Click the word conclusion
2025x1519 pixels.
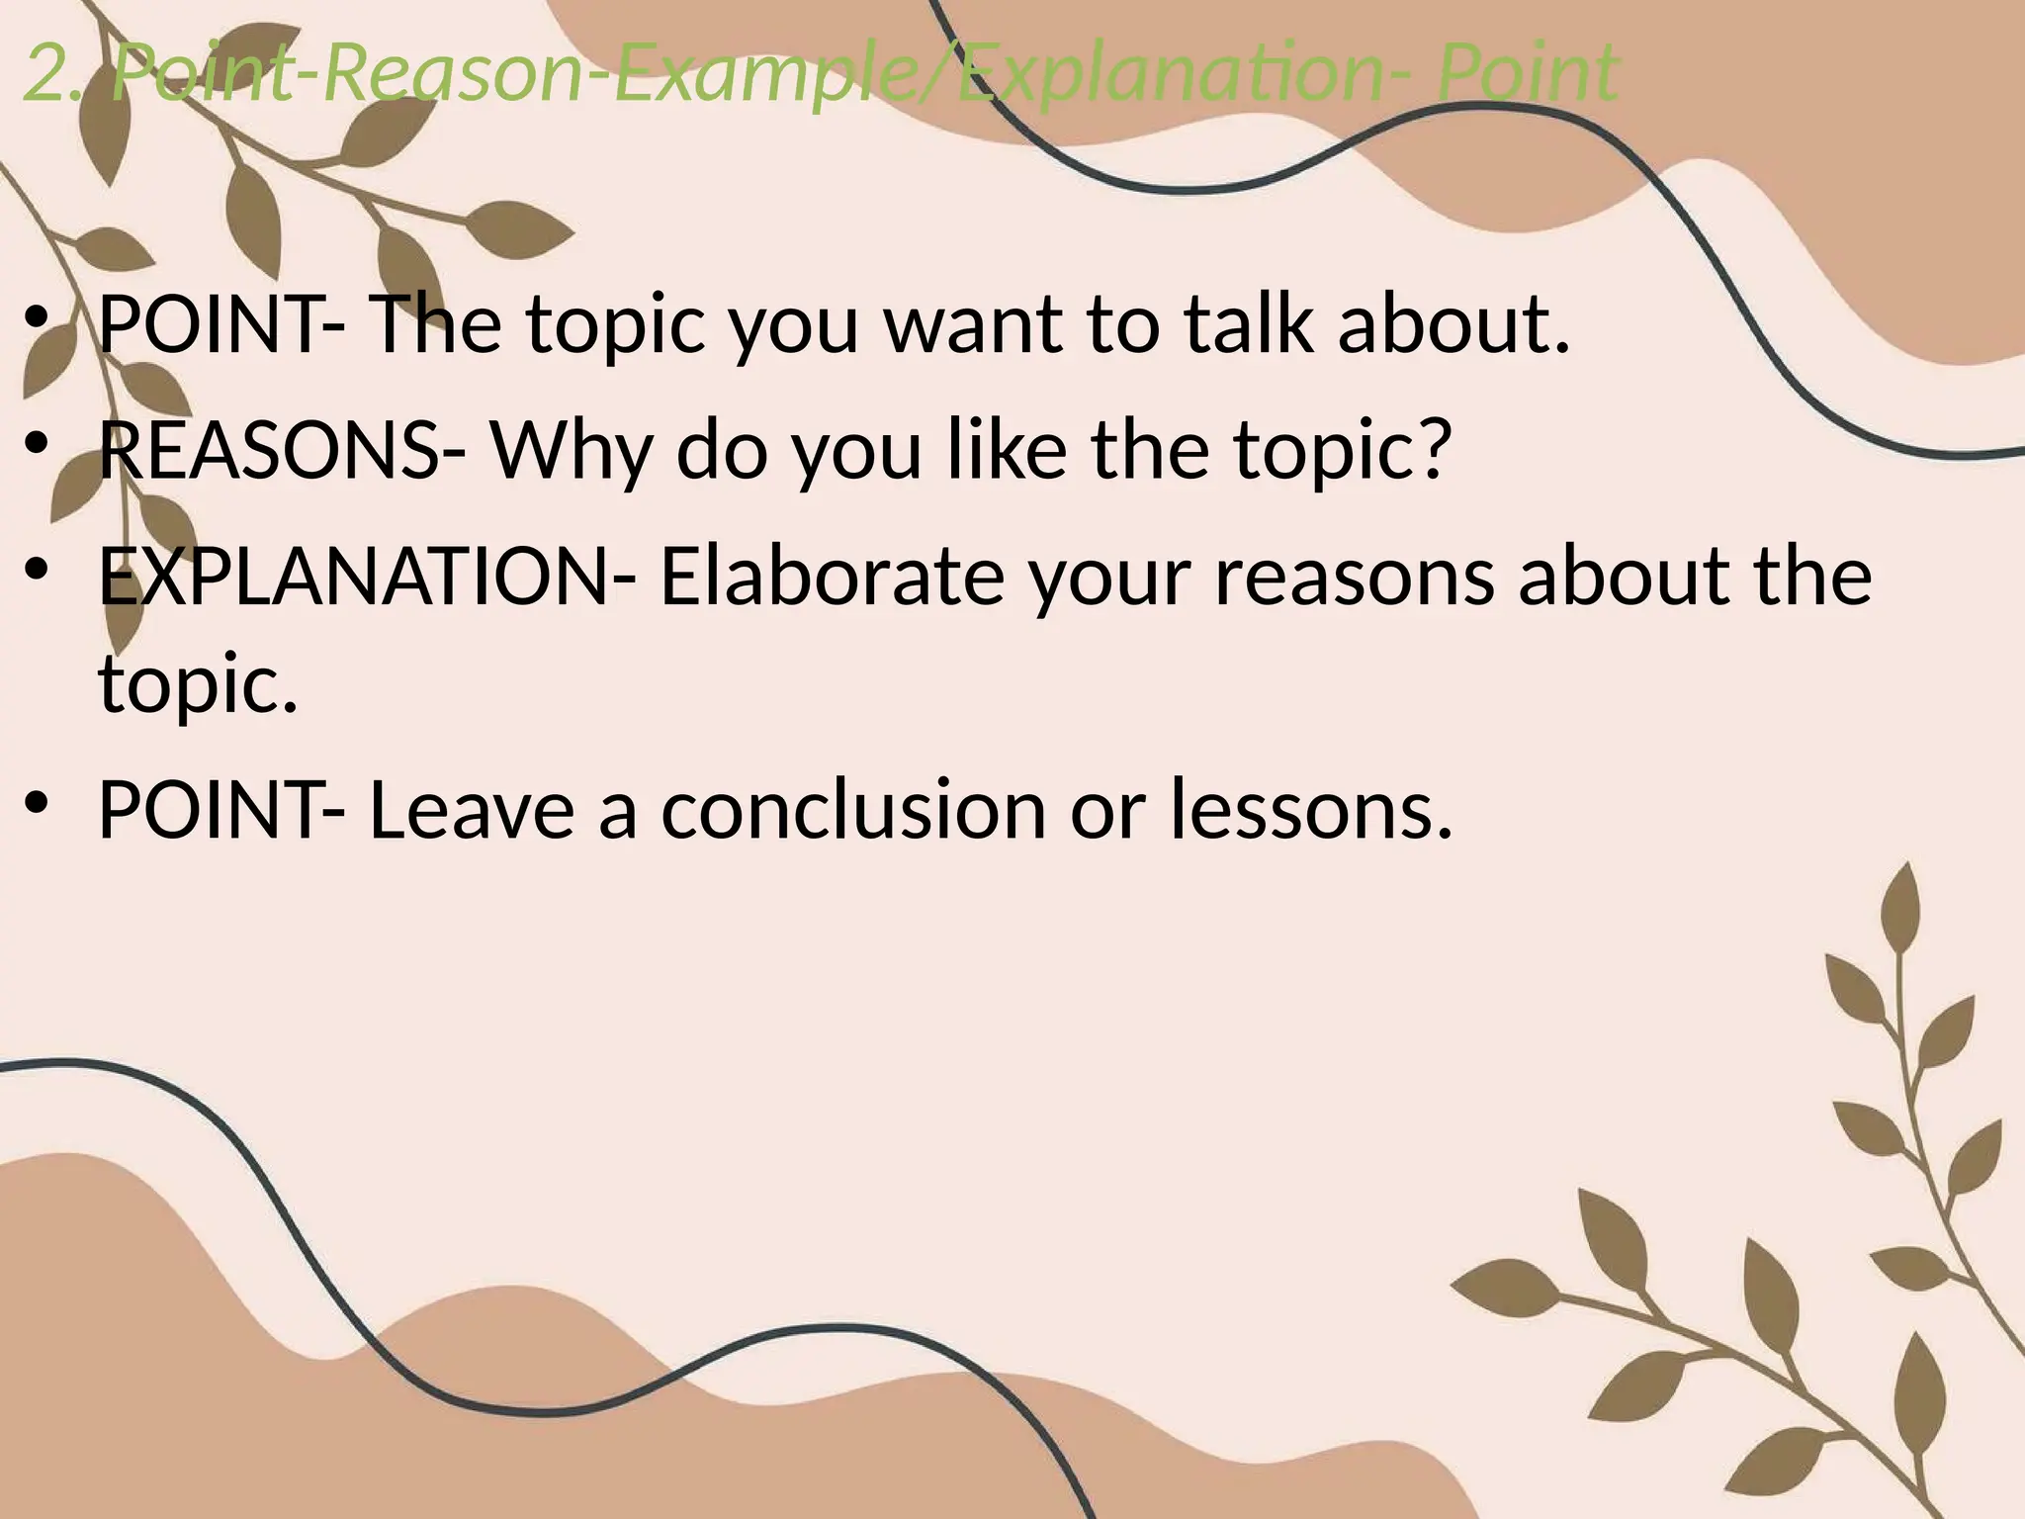(x=853, y=809)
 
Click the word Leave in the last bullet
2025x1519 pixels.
(x=471, y=809)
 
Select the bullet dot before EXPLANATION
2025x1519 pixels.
(x=38, y=572)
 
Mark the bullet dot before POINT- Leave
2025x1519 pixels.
(x=38, y=804)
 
